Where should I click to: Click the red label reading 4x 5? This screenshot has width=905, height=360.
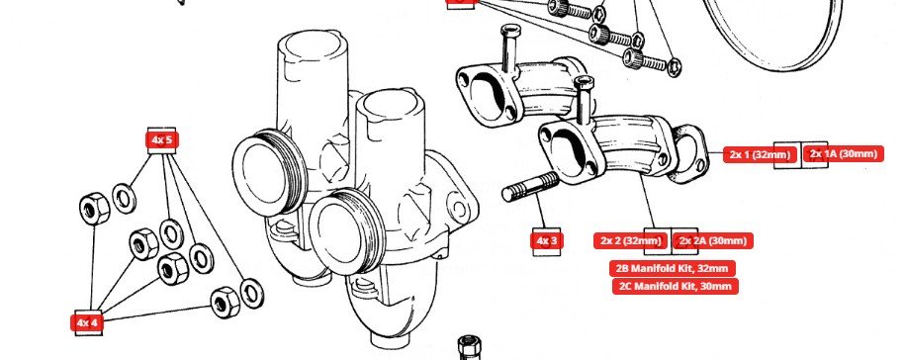coord(161,139)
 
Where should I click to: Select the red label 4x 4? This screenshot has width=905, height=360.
coord(87,322)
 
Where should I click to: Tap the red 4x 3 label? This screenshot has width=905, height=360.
coord(547,240)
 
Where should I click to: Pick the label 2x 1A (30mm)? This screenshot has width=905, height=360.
coord(844,154)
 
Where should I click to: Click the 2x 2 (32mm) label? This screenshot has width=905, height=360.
coord(630,240)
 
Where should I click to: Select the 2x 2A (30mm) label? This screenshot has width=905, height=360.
coord(713,240)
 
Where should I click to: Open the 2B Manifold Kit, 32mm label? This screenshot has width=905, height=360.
coord(673,268)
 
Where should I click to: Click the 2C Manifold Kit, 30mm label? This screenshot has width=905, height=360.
coord(676,286)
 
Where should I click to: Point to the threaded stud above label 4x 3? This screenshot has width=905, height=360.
coord(530,186)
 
